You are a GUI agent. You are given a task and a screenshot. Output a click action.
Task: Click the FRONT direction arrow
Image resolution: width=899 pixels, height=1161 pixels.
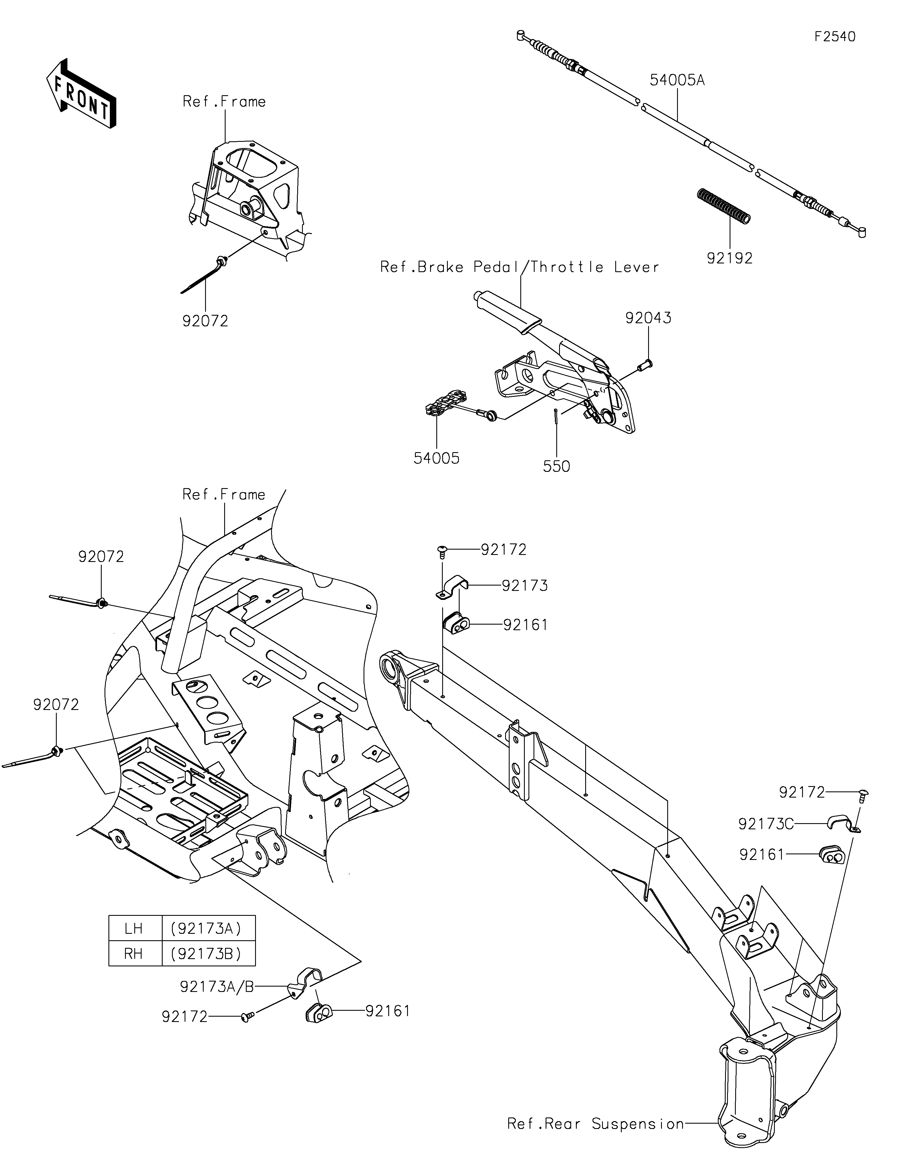pos(81,93)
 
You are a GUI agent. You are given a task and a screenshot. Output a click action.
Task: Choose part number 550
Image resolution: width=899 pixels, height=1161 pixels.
pos(557,466)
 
